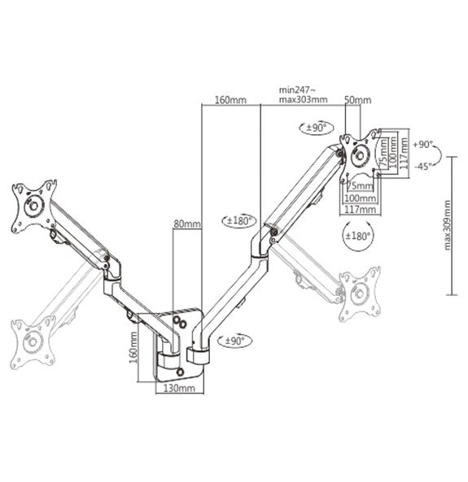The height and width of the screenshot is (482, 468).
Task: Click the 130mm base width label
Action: coord(177,389)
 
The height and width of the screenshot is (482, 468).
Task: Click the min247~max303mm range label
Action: coord(303,95)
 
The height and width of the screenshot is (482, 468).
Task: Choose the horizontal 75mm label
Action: coord(356,185)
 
